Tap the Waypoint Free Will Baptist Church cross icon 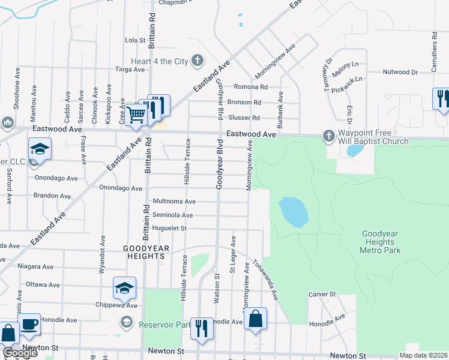pos(328,136)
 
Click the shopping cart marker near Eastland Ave pos(136,114)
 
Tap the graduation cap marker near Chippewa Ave pos(124,289)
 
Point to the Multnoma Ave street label pos(175,202)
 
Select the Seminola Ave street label pos(173,215)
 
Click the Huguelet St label pos(171,228)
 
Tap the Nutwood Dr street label pos(400,72)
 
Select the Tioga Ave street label pos(130,69)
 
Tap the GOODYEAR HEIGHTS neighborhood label pos(144,252)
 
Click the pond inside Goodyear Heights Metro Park pos(294,212)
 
